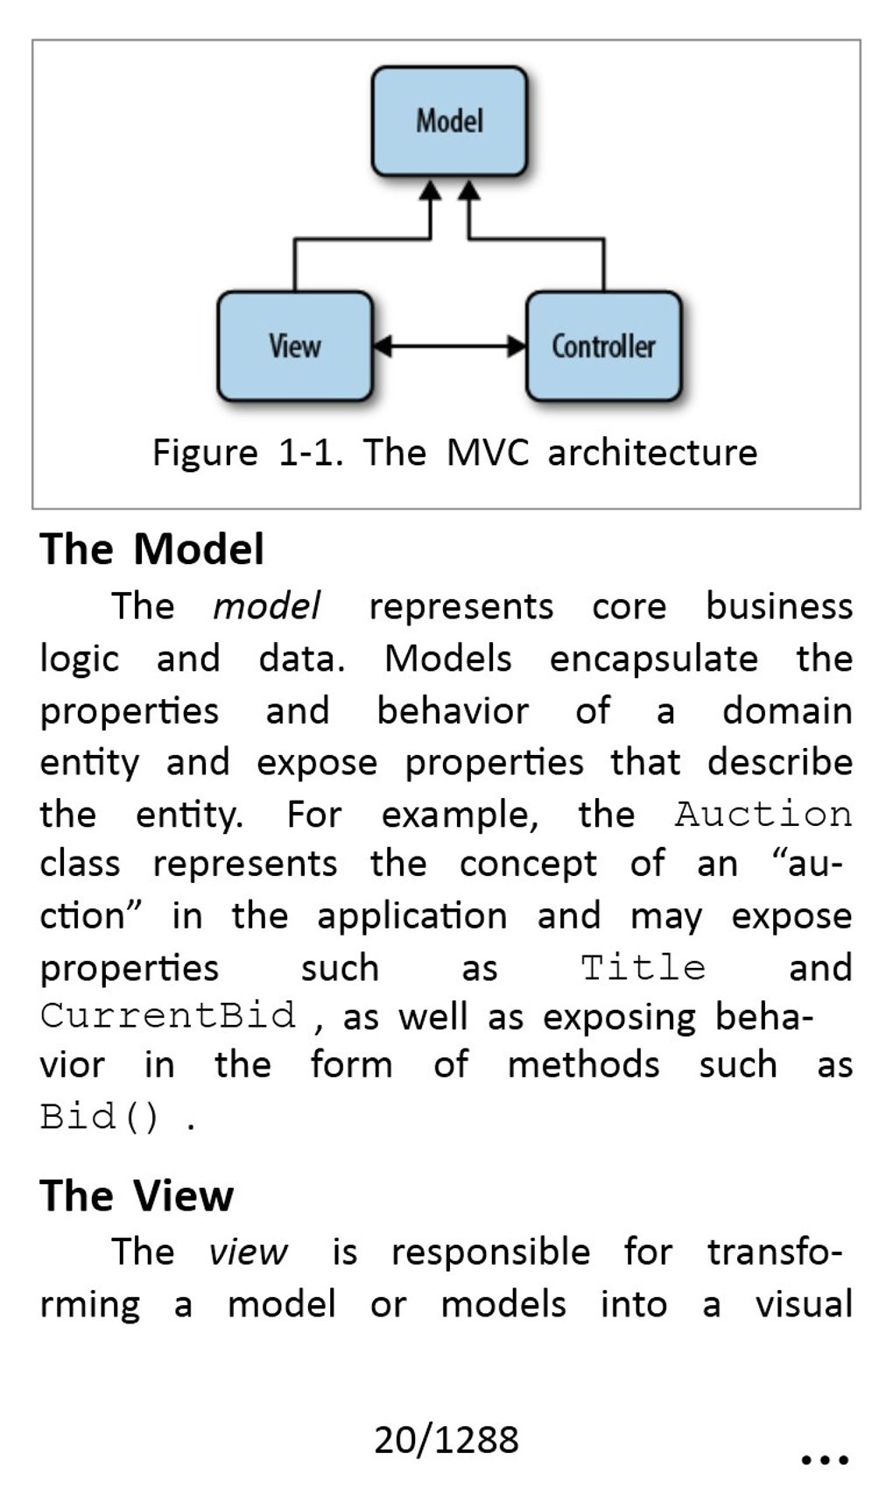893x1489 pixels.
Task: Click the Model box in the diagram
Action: click(450, 121)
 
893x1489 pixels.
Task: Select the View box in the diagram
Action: click(295, 346)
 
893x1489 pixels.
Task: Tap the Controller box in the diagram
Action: click(604, 346)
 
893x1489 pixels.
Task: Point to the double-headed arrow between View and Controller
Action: click(449, 346)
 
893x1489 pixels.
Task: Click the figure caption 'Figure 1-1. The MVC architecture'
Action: click(455, 453)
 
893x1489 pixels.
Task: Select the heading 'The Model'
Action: click(151, 549)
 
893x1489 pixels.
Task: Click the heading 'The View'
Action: click(137, 1196)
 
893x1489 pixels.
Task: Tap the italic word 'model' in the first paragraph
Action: click(266, 606)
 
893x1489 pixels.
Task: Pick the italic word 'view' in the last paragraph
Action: click(248, 1253)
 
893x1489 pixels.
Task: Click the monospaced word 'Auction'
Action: click(763, 815)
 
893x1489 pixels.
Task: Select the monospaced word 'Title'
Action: click(643, 968)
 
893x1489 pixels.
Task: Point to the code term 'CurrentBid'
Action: click(167, 1016)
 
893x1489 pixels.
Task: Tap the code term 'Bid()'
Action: click(100, 1116)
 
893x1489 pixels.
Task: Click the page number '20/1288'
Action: click(446, 1440)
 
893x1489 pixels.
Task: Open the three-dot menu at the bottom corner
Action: click(825, 1460)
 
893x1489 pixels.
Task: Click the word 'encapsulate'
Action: click(654, 660)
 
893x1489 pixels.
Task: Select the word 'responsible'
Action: click(491, 1253)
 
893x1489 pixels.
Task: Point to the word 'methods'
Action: click(584, 1065)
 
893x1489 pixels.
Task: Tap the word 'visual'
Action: click(804, 1304)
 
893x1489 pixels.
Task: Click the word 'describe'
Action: click(780, 762)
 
